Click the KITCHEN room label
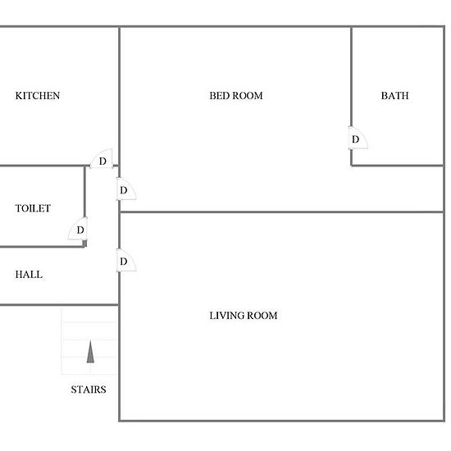[38, 96]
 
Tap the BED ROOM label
[236, 96]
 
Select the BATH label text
[394, 96]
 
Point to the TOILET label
[33, 208]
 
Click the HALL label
[29, 275]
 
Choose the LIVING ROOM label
[244, 316]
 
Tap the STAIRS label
[89, 389]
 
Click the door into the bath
[358, 138]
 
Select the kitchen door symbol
[102, 158]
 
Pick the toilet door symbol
[78, 229]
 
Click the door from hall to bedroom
[126, 189]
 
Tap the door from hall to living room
[126, 260]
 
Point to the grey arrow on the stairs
[90, 352]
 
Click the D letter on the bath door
[356, 139]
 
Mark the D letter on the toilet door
[80, 230]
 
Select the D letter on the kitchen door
[102, 162]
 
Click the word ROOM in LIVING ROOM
[262, 316]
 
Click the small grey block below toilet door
[84, 244]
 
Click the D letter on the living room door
[123, 262]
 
